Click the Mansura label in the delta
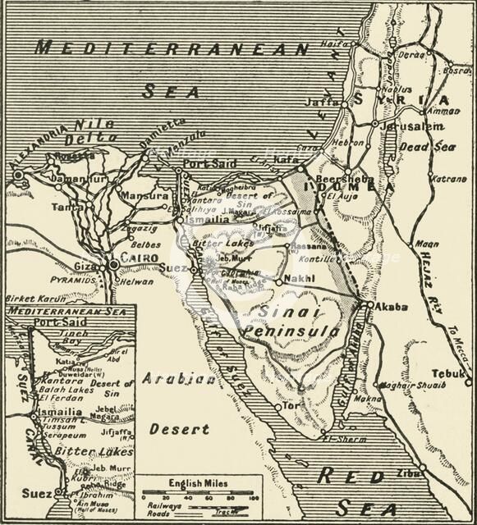click(x=144, y=196)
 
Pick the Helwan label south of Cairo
click(x=137, y=281)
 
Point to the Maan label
click(x=426, y=244)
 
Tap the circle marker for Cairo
click(x=113, y=265)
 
